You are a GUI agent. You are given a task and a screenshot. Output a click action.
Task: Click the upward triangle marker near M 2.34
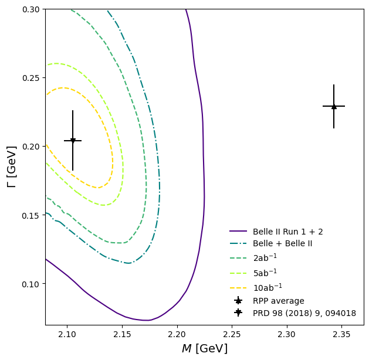pyautogui.click(x=334, y=106)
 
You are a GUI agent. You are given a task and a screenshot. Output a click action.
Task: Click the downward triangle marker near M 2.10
pyautogui.click(x=73, y=141)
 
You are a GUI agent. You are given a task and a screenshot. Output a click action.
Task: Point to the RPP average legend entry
pyautogui.click(x=278, y=301)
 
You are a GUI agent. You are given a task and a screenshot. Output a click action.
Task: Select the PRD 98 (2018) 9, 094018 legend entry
pyautogui.click(x=304, y=313)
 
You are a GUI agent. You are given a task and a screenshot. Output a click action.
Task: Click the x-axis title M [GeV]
pyautogui.click(x=204, y=348)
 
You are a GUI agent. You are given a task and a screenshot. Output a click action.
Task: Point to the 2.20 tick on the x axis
pyautogui.click(x=122, y=334)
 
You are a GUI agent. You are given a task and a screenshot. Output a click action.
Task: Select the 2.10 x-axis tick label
pyautogui.click(x=67, y=334)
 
